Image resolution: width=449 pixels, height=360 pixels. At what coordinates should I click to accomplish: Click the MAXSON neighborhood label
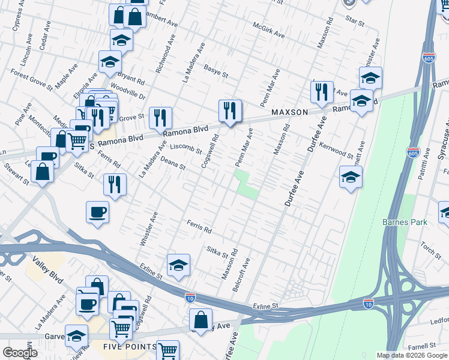[x=289, y=112]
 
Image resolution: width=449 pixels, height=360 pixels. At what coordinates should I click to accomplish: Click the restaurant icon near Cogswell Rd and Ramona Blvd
[x=230, y=111]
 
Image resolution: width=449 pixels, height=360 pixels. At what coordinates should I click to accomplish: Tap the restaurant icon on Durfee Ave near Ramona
[x=322, y=92]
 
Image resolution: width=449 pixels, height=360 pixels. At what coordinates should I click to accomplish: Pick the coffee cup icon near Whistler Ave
[x=97, y=212]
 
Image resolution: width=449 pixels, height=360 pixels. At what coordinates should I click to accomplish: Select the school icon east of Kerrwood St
[x=351, y=177]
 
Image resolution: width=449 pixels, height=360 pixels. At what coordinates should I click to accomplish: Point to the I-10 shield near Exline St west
[x=190, y=298]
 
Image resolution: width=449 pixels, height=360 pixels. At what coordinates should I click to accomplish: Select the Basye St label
[x=216, y=72]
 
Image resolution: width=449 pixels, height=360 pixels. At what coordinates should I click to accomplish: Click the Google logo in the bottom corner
[x=19, y=353]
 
